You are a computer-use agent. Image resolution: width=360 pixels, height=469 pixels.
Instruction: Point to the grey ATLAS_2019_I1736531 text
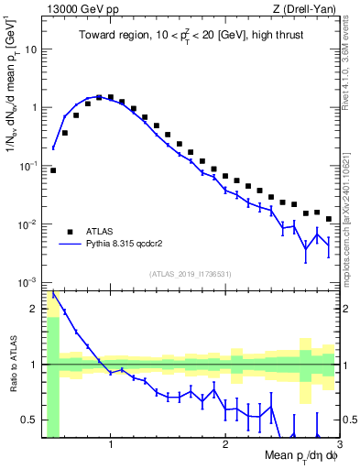(191, 274)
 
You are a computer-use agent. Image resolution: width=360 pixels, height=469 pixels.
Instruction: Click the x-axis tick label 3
(338, 445)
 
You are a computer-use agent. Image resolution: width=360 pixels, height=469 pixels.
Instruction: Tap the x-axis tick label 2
(225, 445)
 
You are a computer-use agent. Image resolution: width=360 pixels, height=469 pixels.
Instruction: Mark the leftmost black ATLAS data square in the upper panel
(53, 170)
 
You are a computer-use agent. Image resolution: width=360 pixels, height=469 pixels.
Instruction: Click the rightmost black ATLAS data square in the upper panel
(328, 219)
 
